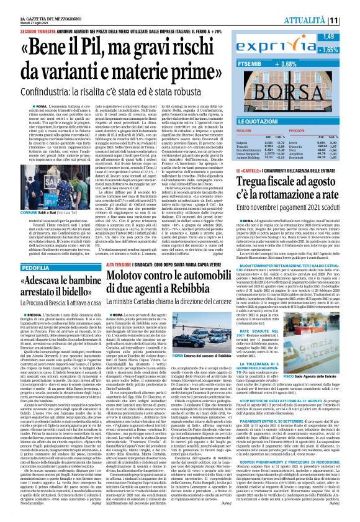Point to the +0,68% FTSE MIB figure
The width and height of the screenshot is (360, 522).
click(x=319, y=63)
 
